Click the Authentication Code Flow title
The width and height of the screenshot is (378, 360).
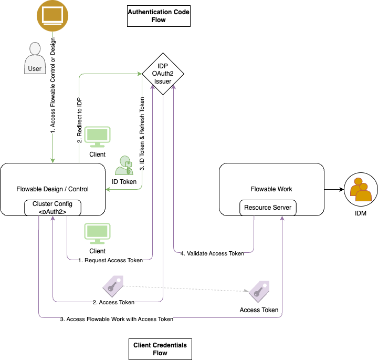(x=159, y=16)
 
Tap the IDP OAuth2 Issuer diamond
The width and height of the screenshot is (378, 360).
(x=162, y=74)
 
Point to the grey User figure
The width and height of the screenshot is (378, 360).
(x=35, y=58)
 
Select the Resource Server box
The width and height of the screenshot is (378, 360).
(x=268, y=208)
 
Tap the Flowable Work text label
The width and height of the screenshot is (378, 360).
(x=271, y=189)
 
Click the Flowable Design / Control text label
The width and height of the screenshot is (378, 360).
(x=52, y=189)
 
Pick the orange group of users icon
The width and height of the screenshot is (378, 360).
(x=361, y=190)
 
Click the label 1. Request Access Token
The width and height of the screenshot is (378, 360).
(x=110, y=260)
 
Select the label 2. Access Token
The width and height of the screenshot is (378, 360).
(x=113, y=302)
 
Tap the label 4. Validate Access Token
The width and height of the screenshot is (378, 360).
(x=212, y=253)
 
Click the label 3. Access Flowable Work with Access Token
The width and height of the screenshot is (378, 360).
(x=116, y=319)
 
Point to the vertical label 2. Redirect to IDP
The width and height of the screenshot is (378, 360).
(x=79, y=120)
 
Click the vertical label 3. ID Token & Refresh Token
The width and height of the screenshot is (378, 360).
(x=142, y=134)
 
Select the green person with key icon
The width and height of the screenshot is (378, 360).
(x=124, y=166)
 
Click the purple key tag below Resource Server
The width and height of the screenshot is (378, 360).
(x=258, y=291)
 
